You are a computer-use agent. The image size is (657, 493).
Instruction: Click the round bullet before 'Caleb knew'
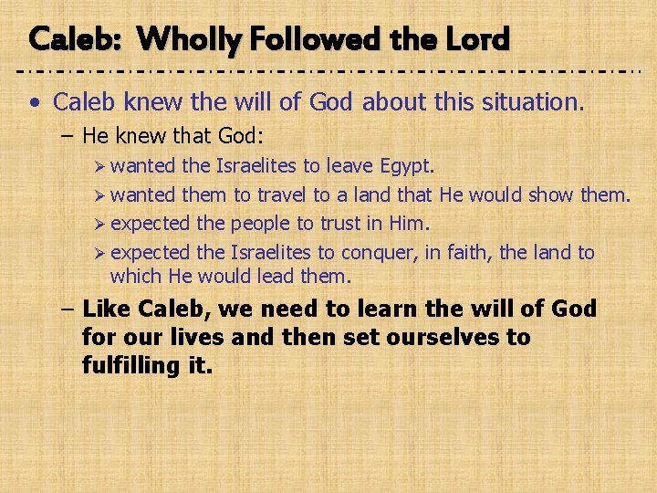coord(34,102)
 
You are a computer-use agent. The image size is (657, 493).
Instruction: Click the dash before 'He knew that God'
coord(69,137)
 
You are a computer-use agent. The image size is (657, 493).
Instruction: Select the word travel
coord(283,195)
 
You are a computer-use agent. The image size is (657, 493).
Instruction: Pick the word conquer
coord(373,252)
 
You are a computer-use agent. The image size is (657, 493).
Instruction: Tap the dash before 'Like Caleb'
coord(69,309)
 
